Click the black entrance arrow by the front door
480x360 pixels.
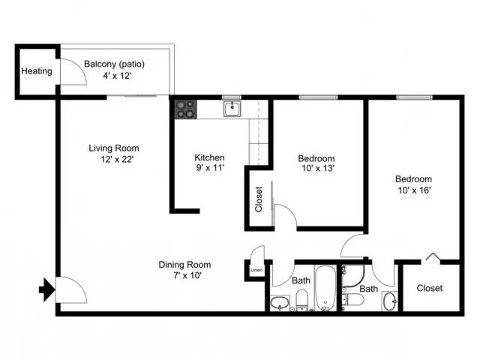[47, 289]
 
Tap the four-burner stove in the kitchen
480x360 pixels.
[185, 109]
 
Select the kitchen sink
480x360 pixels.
[231, 109]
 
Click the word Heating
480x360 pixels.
[37, 72]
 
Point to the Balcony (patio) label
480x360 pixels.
[114, 64]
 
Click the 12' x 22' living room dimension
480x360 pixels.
[114, 159]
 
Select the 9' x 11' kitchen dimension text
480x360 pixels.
[209, 169]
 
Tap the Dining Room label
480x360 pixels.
[184, 265]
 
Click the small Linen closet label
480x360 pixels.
[256, 270]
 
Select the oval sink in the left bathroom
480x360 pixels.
[279, 304]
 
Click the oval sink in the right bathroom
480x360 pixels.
[390, 301]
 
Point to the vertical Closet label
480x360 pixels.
[259, 199]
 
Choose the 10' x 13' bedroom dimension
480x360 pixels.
[316, 169]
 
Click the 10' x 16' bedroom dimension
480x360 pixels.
[413, 190]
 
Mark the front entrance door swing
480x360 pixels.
[69, 289]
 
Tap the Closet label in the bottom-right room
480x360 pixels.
[429, 288]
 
